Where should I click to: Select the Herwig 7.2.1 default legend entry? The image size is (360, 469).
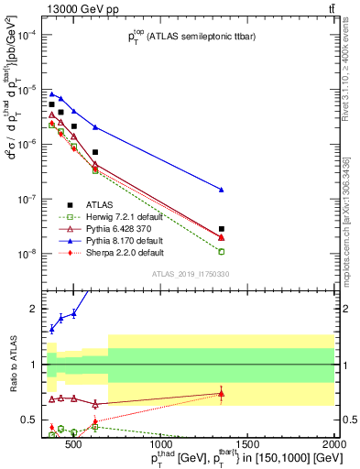pyautogui.click(x=126, y=216)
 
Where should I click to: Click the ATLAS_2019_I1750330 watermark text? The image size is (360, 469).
pyautogui.click(x=190, y=274)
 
